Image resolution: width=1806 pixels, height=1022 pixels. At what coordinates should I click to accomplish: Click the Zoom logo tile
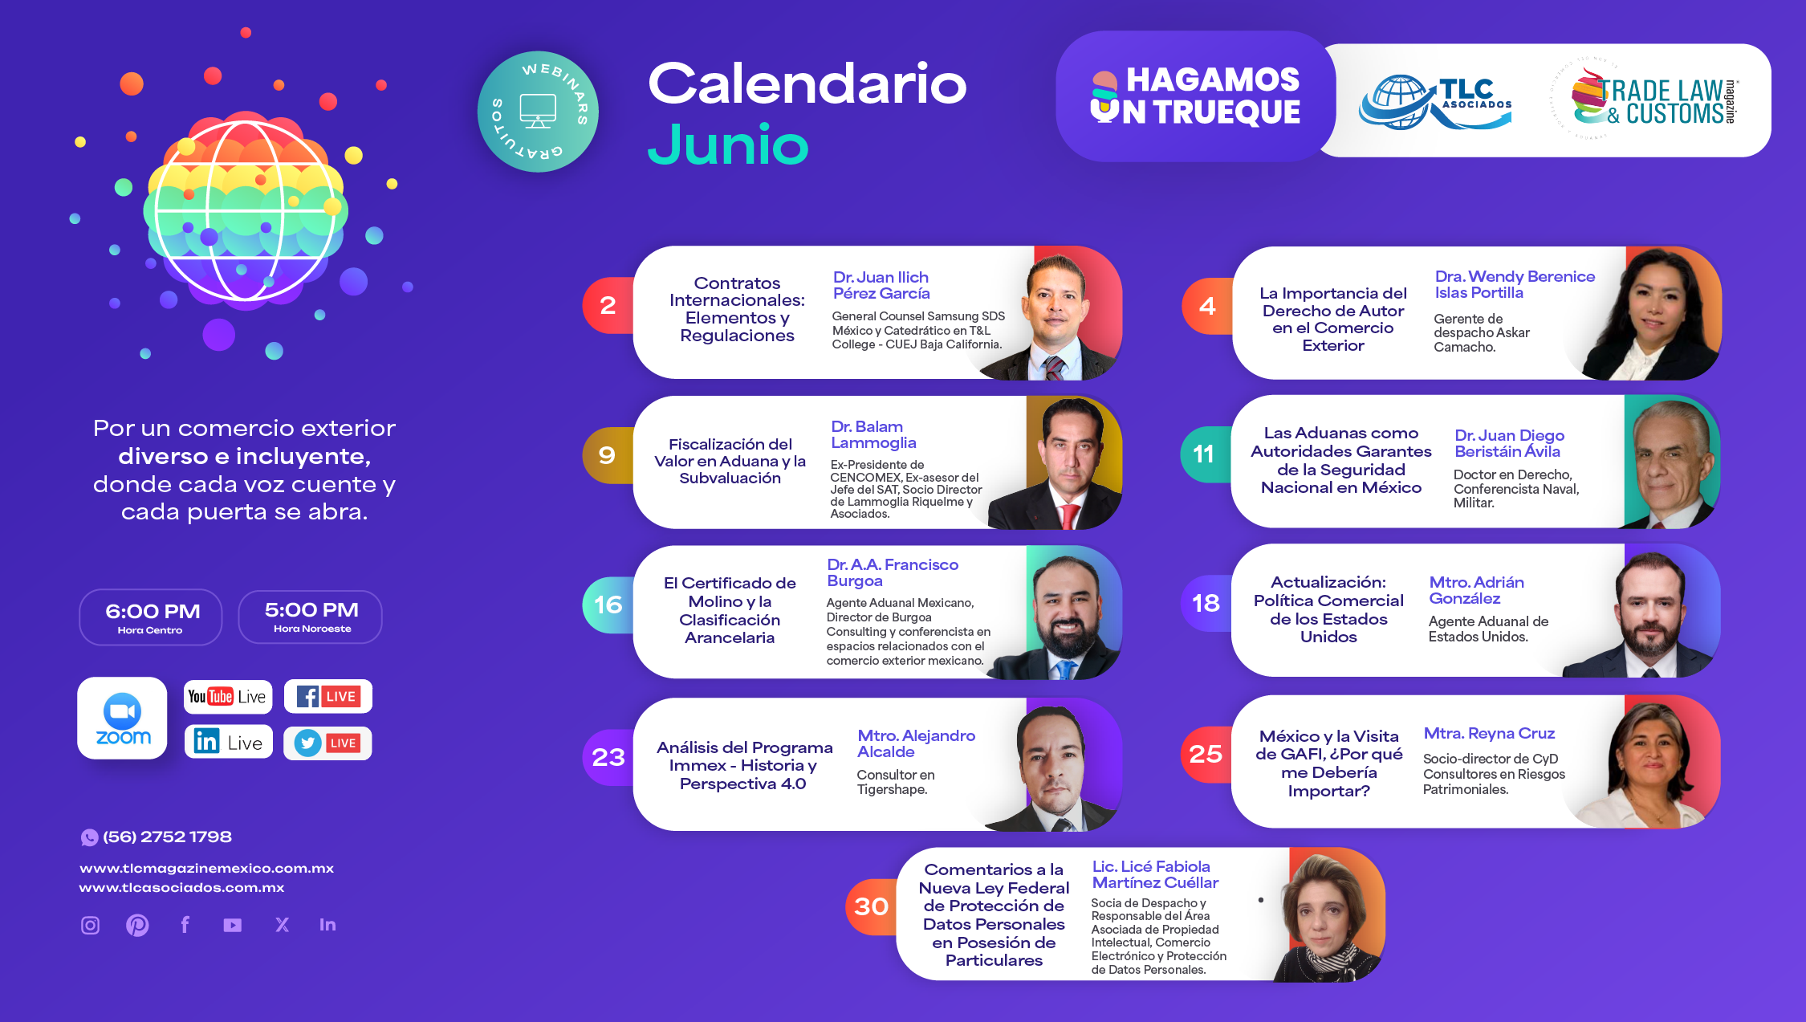click(122, 718)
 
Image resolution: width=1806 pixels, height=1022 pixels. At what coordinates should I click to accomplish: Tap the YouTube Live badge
click(228, 696)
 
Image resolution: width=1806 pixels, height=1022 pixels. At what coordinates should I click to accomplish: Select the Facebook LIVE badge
click(327, 696)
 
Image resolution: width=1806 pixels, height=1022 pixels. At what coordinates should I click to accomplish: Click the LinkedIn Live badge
click(229, 742)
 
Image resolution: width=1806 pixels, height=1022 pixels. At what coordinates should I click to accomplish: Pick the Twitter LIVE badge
click(327, 743)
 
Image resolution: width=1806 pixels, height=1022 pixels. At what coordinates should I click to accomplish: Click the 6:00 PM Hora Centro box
click(151, 617)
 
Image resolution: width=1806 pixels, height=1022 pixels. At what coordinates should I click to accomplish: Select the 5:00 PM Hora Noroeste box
click(311, 617)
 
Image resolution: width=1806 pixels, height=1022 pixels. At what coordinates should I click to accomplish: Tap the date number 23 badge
click(608, 757)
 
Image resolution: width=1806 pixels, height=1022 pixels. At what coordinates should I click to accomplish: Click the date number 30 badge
click(871, 906)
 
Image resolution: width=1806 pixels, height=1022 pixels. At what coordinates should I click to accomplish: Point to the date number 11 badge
click(1204, 454)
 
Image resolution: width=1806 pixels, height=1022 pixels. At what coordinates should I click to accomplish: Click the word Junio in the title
click(727, 145)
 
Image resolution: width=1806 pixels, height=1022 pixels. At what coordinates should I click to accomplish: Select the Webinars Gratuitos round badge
click(538, 112)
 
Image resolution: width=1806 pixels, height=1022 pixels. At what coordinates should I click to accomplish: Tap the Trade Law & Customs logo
click(1645, 100)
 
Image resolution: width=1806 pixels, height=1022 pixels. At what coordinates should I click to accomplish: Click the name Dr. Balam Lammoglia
click(873, 434)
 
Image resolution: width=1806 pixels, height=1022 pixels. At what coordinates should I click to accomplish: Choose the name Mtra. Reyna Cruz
click(1489, 733)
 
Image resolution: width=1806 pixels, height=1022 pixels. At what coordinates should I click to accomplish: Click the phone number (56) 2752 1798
click(167, 837)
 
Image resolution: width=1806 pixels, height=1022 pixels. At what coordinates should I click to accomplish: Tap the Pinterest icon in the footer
click(137, 925)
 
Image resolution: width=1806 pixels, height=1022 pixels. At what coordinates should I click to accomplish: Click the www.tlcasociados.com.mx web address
click(181, 887)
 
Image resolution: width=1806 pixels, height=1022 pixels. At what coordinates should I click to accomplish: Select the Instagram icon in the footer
click(91, 925)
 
